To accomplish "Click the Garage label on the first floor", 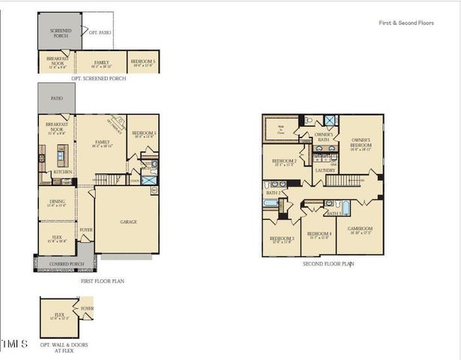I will click(x=128, y=222).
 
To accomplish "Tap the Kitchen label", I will click(x=63, y=172).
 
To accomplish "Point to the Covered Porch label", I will click(x=64, y=264).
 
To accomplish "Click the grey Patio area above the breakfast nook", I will click(x=57, y=97).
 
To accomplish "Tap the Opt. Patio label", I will click(x=100, y=32).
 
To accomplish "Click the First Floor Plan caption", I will click(x=102, y=281).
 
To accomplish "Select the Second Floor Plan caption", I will click(x=328, y=264).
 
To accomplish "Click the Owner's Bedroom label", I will click(x=356, y=142).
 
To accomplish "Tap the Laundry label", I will click(x=325, y=170).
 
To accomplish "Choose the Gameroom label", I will click(x=360, y=229).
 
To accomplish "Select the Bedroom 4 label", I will click(x=320, y=233).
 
